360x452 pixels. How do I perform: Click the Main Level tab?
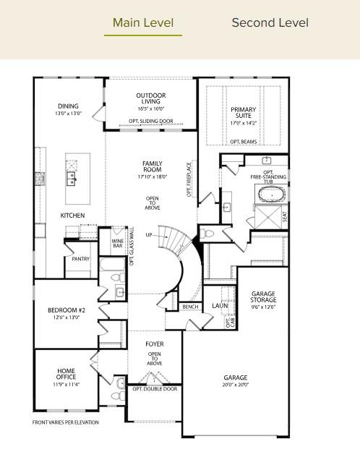[x=143, y=23]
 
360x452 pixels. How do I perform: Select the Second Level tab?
[x=270, y=23]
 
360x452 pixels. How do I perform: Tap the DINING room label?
[x=69, y=106]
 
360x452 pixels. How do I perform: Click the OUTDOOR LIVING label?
[x=151, y=99]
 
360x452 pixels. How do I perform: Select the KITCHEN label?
[x=72, y=216]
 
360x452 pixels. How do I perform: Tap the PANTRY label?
[x=80, y=258]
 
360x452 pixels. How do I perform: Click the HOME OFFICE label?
[x=66, y=374]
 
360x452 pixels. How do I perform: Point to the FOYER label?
[x=155, y=344]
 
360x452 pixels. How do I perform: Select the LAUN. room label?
[x=219, y=306]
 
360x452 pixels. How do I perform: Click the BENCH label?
[x=191, y=307]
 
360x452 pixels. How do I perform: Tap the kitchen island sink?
[x=72, y=176]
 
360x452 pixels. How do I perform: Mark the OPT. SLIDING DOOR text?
[x=151, y=121]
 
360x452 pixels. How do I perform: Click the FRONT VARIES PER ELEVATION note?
[x=66, y=422]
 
